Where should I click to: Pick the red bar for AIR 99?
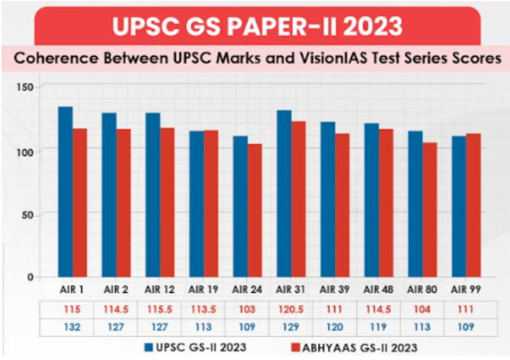click(473, 205)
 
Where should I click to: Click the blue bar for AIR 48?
click(371, 199)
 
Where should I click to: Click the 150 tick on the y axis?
click(27, 86)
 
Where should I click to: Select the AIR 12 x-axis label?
click(160, 289)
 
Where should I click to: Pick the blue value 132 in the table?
click(72, 328)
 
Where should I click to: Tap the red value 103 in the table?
click(247, 309)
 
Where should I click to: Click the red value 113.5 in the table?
click(204, 309)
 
